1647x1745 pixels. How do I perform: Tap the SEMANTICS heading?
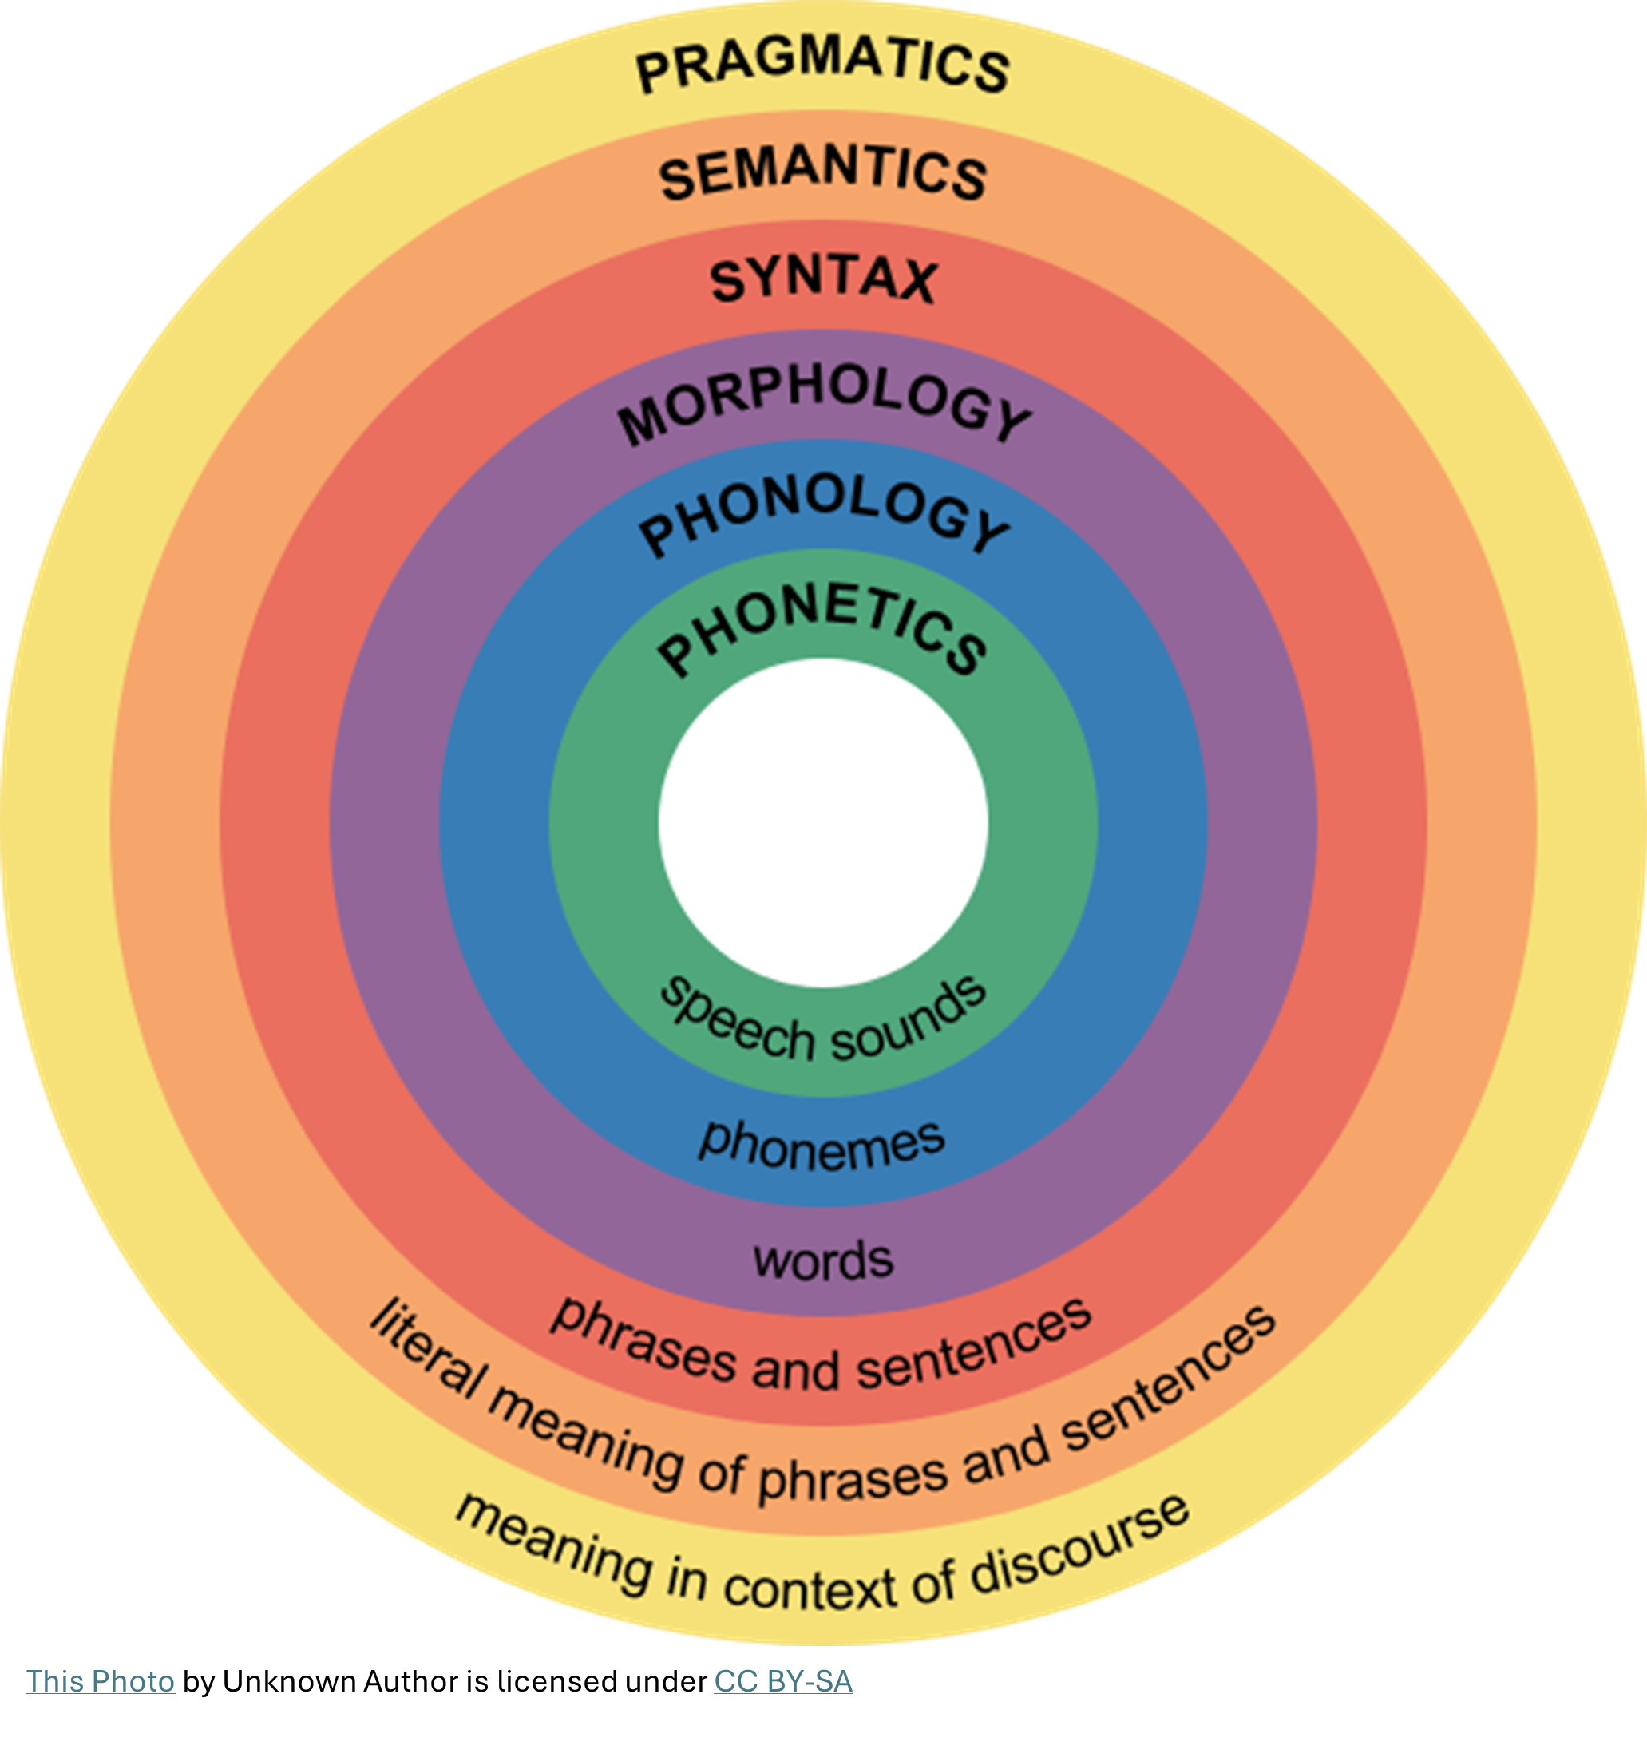(x=822, y=173)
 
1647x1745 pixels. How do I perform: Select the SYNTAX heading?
(x=822, y=281)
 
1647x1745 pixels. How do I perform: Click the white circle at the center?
(x=822, y=822)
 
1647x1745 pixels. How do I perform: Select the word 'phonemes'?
(x=822, y=1146)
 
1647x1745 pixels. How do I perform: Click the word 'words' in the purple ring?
(x=822, y=1260)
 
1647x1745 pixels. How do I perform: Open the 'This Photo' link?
(x=100, y=1681)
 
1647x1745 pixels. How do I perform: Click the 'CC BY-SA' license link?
(x=783, y=1681)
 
